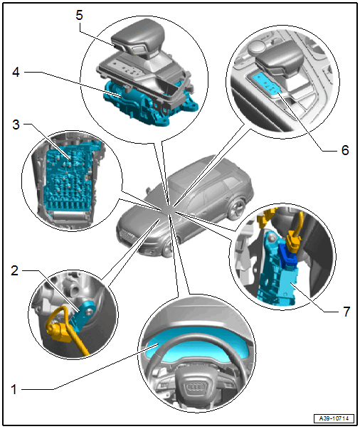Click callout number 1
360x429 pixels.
coord(14,389)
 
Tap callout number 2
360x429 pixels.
coord(14,270)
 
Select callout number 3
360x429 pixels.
coord(16,125)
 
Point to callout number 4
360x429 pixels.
coord(16,72)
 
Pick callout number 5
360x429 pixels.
coord(79,15)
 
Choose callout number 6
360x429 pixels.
coord(345,150)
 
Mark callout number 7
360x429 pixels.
coord(346,312)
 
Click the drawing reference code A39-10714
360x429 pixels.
coord(334,418)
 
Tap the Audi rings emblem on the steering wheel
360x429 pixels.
coord(197,387)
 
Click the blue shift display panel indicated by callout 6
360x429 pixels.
coord(265,84)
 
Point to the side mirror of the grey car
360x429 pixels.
coord(149,190)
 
